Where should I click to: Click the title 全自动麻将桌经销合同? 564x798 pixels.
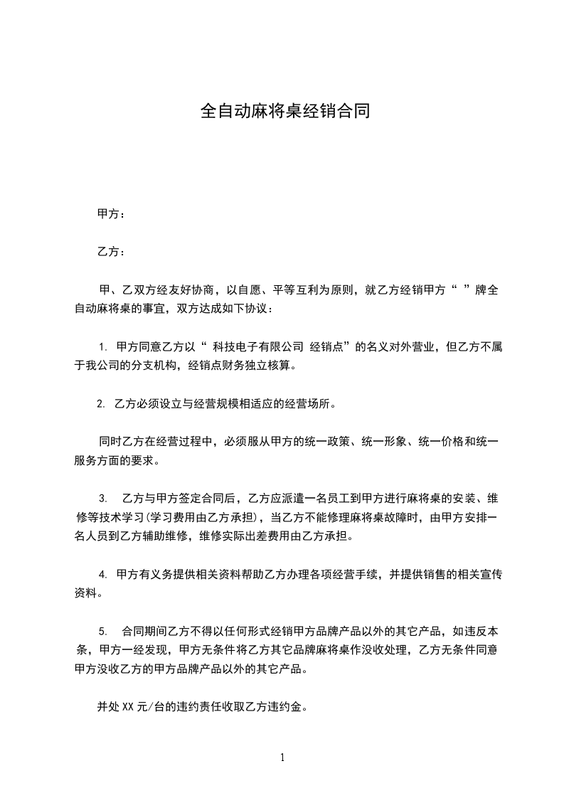click(284, 112)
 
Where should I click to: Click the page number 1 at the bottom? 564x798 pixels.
click(282, 757)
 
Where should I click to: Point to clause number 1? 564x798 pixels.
click(103, 348)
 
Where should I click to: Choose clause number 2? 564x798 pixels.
click(100, 404)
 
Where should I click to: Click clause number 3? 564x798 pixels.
click(102, 497)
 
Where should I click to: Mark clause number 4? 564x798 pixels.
click(103, 573)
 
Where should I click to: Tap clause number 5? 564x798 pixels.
click(103, 631)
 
